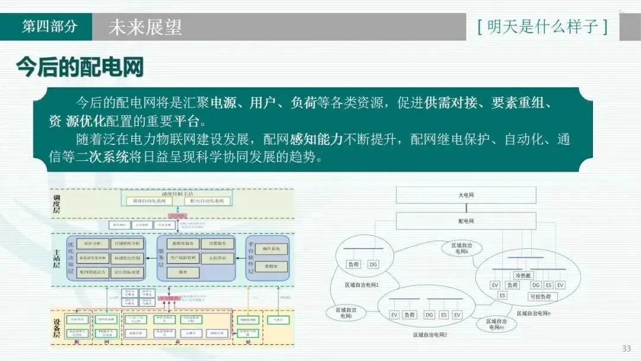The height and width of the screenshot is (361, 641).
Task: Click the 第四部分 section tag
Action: [x=49, y=27]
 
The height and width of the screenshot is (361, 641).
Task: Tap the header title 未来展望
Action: [x=145, y=27]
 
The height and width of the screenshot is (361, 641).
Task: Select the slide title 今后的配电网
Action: [x=80, y=67]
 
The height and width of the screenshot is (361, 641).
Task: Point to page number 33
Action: [x=626, y=349]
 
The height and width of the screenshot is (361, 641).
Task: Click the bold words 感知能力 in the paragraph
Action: [x=316, y=141]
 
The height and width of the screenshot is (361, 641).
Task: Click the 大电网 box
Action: [x=466, y=195]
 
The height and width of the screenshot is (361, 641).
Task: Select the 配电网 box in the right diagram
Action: [x=466, y=221]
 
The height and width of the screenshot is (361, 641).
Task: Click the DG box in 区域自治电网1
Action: [x=373, y=264]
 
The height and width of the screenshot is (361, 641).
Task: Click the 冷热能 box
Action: [x=524, y=276]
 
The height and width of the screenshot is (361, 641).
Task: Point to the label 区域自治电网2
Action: [x=430, y=335]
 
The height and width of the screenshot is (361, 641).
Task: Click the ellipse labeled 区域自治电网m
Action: [x=496, y=324]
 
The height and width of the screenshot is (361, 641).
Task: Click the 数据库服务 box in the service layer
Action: [x=182, y=244]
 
